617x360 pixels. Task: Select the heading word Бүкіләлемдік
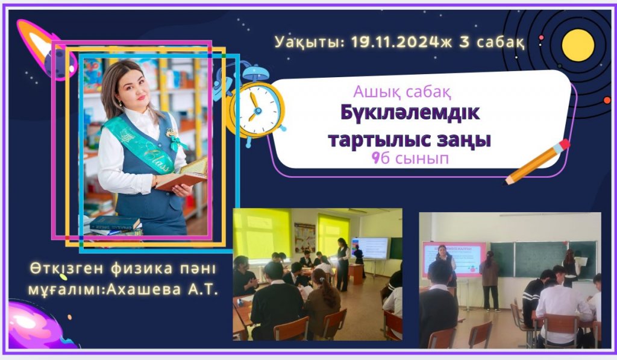(x=410, y=113)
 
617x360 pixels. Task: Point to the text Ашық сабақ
(x=402, y=92)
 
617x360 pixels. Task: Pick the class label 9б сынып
(x=410, y=159)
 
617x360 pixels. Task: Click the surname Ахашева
(x=144, y=290)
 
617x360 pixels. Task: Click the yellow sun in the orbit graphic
(x=578, y=45)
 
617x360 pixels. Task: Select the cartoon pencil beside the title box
(x=537, y=162)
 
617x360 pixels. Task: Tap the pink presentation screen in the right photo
(x=454, y=259)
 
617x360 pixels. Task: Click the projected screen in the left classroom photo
(x=371, y=248)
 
